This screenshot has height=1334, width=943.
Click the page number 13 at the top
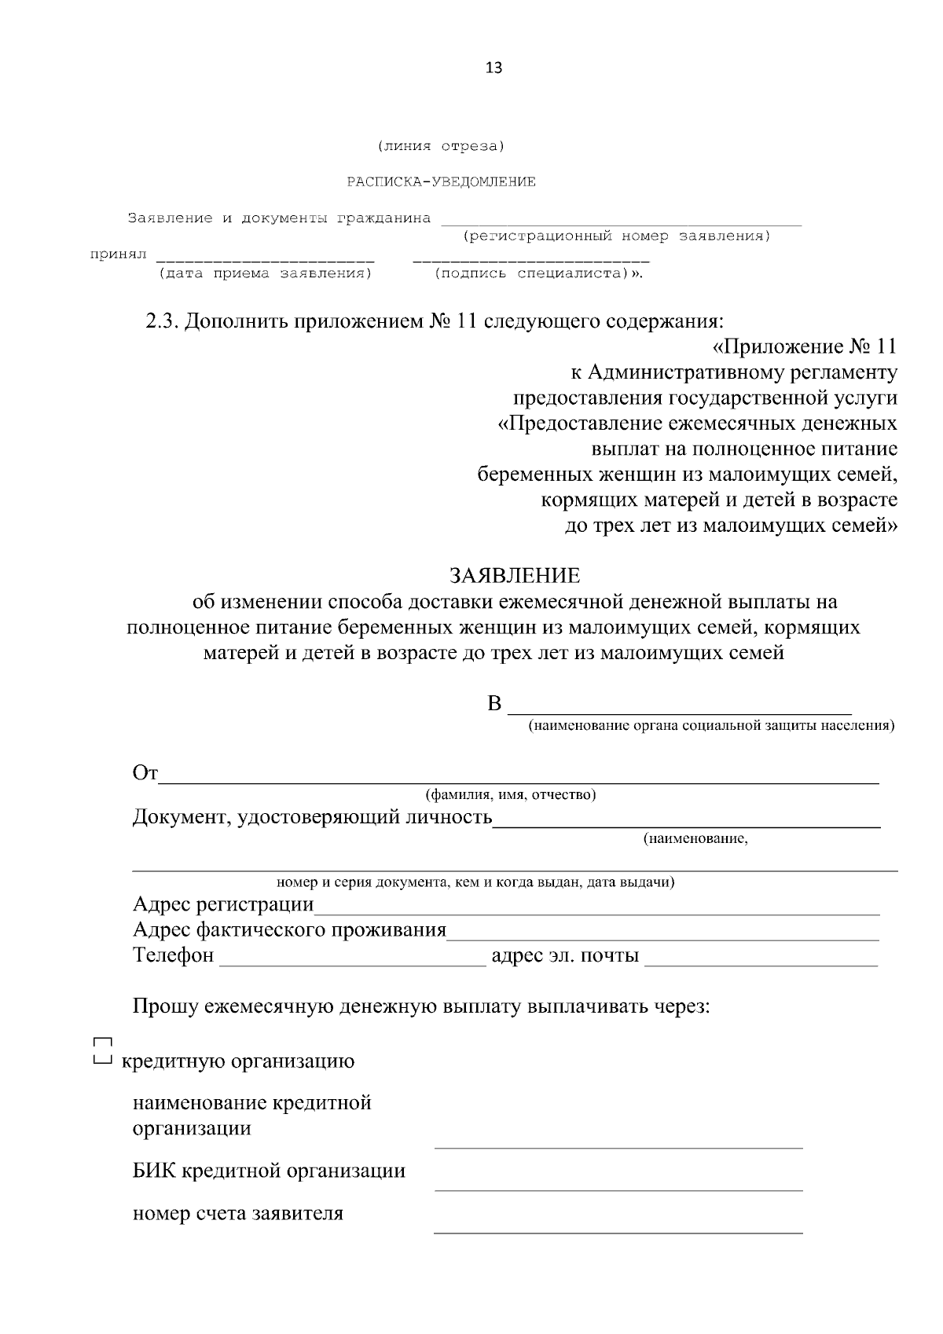click(494, 68)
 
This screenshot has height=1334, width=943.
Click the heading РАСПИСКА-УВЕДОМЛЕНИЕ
click(442, 182)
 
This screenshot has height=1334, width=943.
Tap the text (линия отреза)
click(441, 146)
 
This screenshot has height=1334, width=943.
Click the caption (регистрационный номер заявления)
click(617, 236)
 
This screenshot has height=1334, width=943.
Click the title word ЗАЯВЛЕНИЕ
click(515, 576)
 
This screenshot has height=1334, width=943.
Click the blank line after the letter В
click(680, 707)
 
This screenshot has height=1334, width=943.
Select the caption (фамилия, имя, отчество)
click(511, 795)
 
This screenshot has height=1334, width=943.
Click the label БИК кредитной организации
click(269, 1171)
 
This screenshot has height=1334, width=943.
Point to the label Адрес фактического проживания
click(289, 931)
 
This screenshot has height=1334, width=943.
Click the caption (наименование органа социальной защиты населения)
click(711, 726)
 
